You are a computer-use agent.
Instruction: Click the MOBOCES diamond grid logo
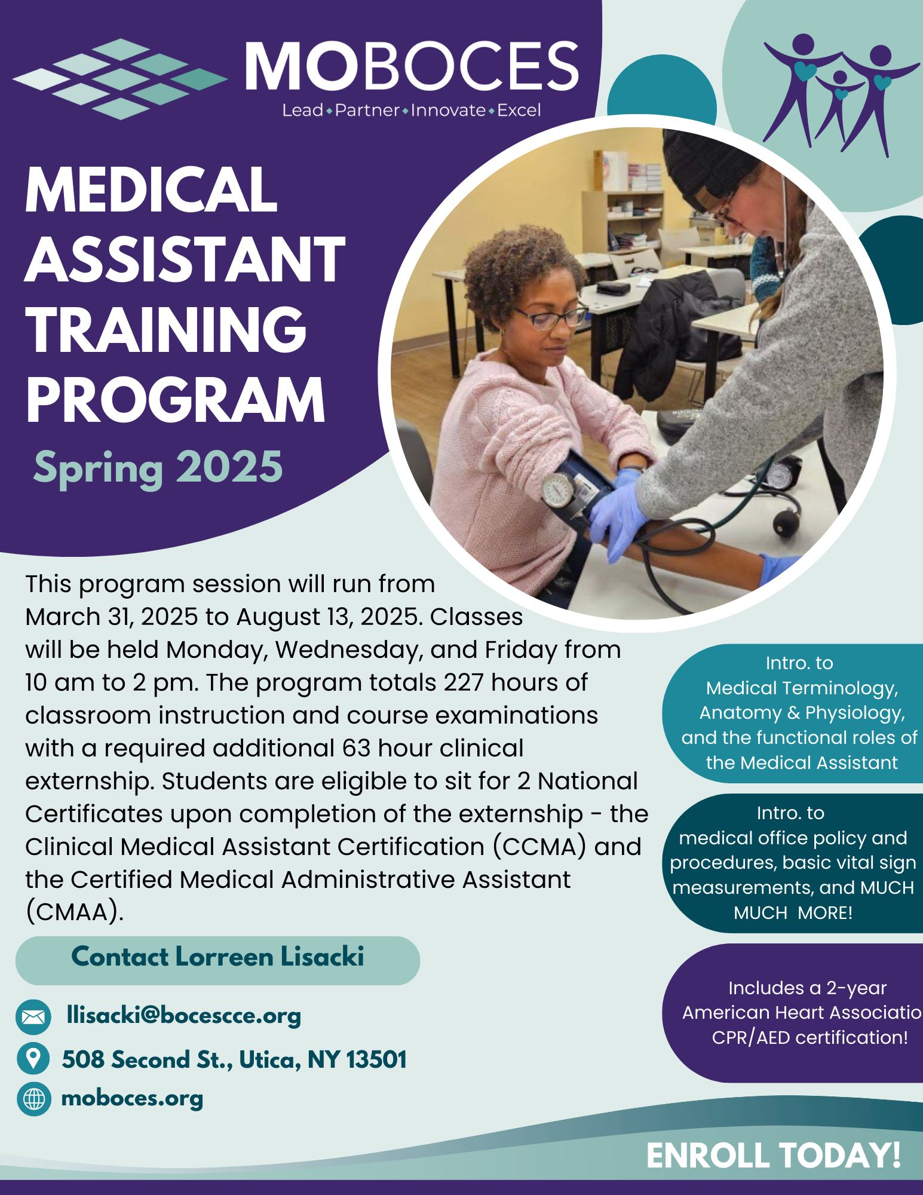coord(119,79)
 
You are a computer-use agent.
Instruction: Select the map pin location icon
coord(33,1059)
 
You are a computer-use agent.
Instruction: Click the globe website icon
coord(33,1098)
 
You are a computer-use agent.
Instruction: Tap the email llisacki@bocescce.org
coord(185,1016)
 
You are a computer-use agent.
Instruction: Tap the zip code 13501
coord(376,1059)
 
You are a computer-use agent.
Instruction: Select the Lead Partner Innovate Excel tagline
coord(412,111)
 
